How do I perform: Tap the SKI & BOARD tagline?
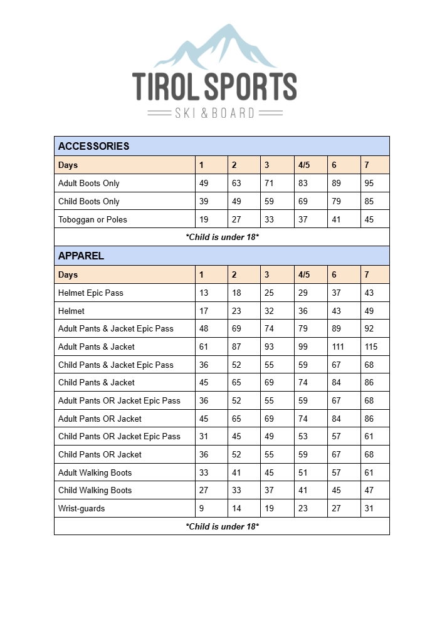click(215, 113)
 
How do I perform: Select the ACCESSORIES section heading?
click(94, 146)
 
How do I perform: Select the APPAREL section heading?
click(82, 256)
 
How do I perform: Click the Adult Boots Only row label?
click(89, 184)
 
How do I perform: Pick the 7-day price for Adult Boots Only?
click(369, 184)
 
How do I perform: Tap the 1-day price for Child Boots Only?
click(204, 201)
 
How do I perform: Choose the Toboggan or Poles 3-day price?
click(270, 219)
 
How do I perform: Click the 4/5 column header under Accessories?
click(304, 165)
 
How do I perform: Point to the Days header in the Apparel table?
click(68, 274)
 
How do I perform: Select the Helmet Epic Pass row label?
click(91, 293)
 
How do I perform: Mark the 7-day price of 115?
click(371, 347)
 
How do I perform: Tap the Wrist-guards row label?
click(82, 508)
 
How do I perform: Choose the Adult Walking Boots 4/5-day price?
click(303, 472)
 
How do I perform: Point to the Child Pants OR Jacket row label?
click(100, 454)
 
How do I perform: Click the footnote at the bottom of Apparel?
click(222, 526)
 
